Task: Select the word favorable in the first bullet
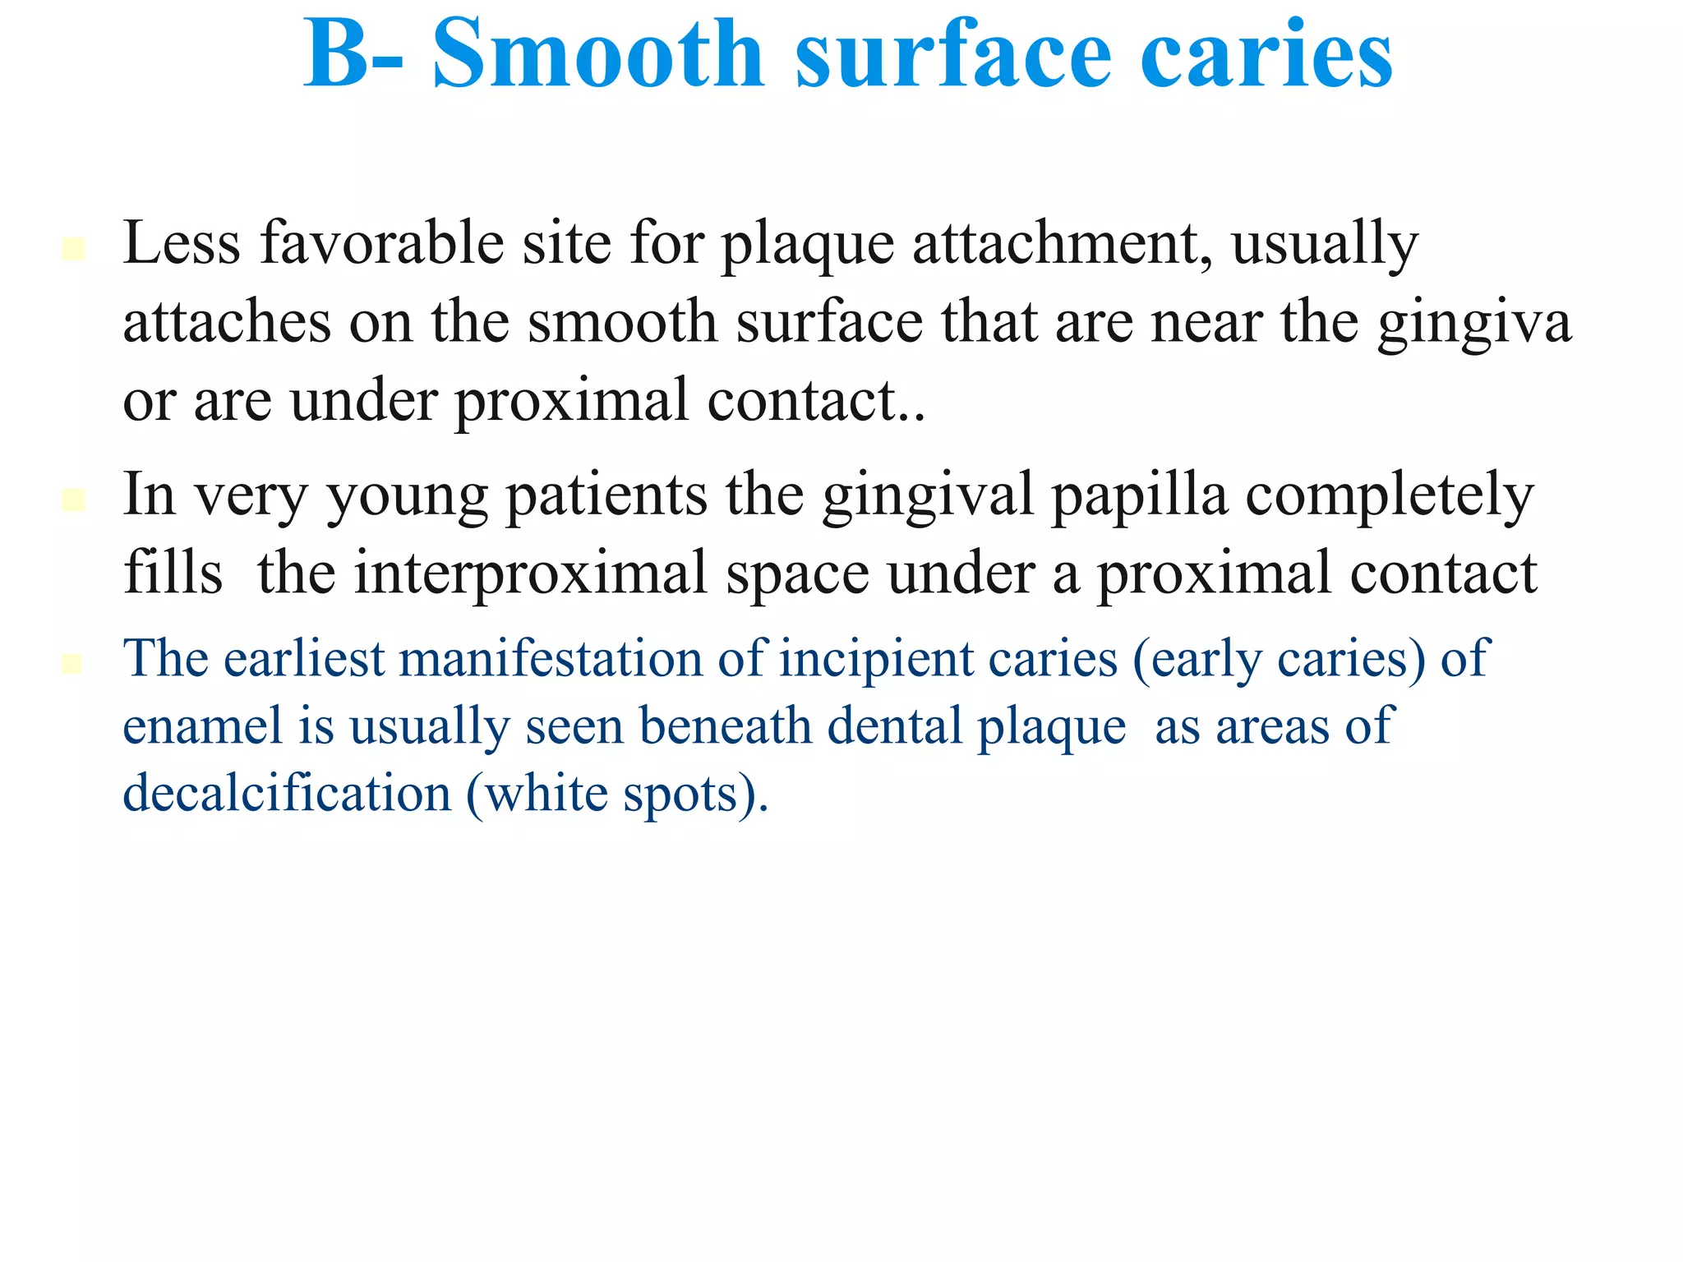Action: [x=381, y=244]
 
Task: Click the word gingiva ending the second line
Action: [x=1474, y=323]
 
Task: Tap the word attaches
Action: [x=227, y=323]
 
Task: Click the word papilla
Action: [x=1139, y=496]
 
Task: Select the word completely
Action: [x=1390, y=496]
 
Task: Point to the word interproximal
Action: [x=531, y=573]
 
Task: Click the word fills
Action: [x=173, y=573]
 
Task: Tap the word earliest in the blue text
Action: [x=304, y=658]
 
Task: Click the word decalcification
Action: [x=287, y=794]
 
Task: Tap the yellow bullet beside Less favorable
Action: [x=73, y=248]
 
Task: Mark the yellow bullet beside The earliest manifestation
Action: [x=72, y=663]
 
